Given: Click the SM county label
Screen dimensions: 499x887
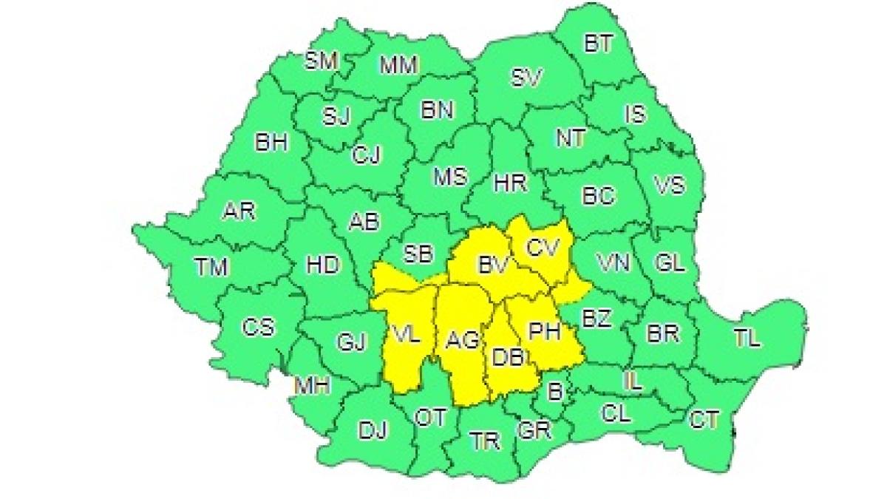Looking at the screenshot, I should [322, 61].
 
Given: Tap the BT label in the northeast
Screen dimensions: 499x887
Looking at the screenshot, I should [598, 44].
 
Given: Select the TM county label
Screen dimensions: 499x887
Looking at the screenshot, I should [212, 267].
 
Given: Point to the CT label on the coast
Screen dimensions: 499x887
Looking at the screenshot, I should [704, 421].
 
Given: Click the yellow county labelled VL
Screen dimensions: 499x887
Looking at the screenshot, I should [406, 336].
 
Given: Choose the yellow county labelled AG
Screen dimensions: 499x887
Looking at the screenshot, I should [463, 340].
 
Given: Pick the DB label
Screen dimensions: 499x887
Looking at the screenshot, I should [508, 358].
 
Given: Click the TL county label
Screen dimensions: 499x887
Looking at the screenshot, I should [747, 339].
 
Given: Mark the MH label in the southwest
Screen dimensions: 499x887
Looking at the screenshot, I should [312, 385].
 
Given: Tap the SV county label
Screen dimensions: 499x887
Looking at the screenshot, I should [529, 77].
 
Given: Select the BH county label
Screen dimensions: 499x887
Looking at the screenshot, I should [271, 143].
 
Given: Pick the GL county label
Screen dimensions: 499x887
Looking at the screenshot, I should [670, 262].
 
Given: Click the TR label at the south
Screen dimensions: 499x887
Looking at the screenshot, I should [486, 441].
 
